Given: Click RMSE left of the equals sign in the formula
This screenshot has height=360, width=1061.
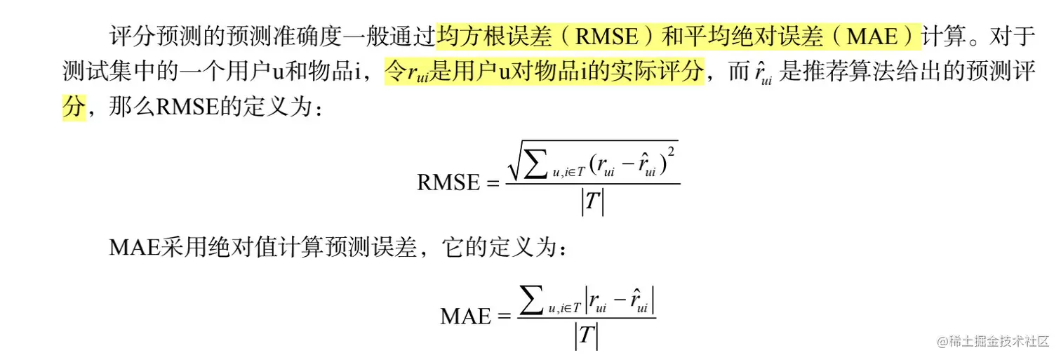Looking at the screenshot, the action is [448, 182].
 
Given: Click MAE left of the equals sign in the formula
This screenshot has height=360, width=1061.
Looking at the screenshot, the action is [465, 316].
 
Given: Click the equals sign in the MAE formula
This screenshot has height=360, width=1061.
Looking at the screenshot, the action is [504, 316].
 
